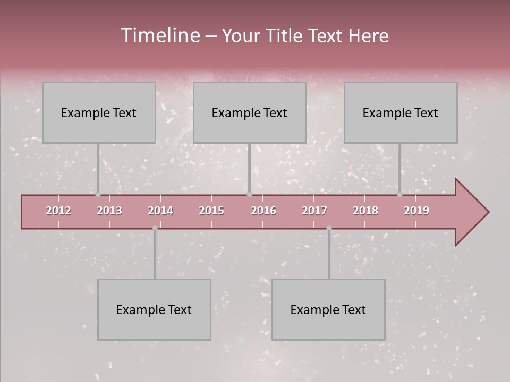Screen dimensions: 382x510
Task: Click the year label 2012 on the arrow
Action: click(58, 211)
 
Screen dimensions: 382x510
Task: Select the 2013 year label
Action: click(109, 211)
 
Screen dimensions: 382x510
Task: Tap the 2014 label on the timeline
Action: click(160, 211)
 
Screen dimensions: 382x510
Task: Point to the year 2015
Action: click(211, 211)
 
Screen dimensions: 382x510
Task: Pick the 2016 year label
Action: click(263, 211)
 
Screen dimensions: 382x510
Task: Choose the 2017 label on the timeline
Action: click(314, 211)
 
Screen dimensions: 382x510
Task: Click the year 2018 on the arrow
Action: click(365, 211)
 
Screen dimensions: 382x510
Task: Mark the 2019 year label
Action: click(416, 211)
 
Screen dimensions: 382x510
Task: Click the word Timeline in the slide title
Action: click(160, 36)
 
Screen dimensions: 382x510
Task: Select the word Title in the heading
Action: click(286, 36)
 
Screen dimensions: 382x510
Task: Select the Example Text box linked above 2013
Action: click(99, 112)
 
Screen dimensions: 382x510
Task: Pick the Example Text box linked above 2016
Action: click(250, 112)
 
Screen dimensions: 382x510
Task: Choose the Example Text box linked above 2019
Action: click(401, 112)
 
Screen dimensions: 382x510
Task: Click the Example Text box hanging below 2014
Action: click(154, 309)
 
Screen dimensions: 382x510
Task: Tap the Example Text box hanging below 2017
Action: click(328, 309)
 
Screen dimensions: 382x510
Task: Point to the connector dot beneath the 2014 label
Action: click(155, 228)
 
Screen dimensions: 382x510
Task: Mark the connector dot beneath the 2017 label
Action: click(329, 228)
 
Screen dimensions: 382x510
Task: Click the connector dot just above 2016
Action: click(249, 195)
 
